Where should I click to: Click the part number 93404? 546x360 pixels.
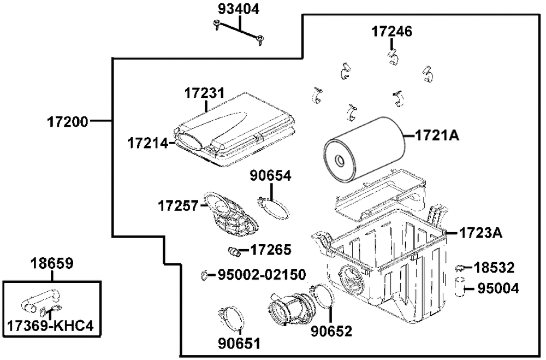(239, 9)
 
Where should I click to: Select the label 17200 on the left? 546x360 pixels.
(68, 122)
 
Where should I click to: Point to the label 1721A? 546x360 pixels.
(437, 135)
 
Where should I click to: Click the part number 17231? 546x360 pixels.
(204, 93)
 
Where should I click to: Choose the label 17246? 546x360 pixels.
(391, 31)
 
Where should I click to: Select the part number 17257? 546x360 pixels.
(178, 205)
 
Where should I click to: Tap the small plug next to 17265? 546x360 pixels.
(234, 251)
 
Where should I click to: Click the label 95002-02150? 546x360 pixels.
(262, 275)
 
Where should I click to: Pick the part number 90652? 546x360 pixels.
(331, 331)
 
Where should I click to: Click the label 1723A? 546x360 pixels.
(481, 233)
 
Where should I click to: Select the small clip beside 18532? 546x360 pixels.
(461, 268)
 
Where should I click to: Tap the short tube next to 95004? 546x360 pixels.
(460, 286)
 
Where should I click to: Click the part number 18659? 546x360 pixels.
(52, 263)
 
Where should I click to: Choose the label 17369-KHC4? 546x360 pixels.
(50, 326)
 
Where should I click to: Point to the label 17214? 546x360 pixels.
(147, 143)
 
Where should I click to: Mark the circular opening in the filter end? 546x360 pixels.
(339, 161)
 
